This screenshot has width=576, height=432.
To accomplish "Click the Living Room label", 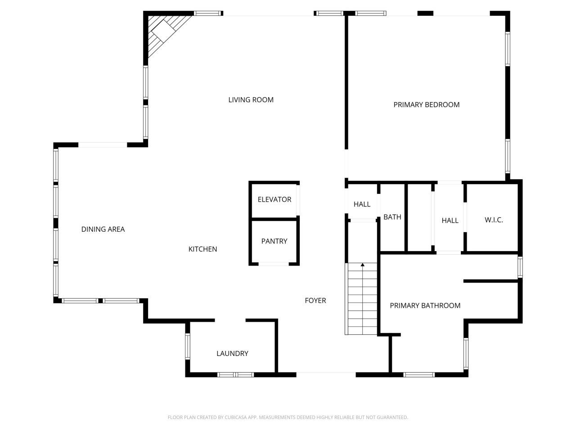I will pyautogui.click(x=251, y=100).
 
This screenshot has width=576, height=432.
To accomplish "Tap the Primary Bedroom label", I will pyautogui.click(x=426, y=105).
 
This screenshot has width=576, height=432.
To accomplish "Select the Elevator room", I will pyautogui.click(x=274, y=200).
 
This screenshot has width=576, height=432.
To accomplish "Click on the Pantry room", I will pyautogui.click(x=274, y=242).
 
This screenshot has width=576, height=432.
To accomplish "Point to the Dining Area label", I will pyautogui.click(x=103, y=229).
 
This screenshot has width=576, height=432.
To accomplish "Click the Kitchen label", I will pyautogui.click(x=202, y=249).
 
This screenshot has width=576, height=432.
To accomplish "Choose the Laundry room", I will pyautogui.click(x=232, y=354).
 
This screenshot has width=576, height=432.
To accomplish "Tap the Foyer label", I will pyautogui.click(x=315, y=301).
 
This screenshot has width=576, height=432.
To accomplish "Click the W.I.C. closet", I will pyautogui.click(x=494, y=220).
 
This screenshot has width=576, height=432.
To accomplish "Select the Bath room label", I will pyautogui.click(x=392, y=217).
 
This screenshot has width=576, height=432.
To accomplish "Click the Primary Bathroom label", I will pyautogui.click(x=425, y=306).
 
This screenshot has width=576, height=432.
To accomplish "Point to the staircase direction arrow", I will pyautogui.click(x=362, y=265).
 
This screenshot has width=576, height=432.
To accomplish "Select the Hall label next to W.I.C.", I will pyautogui.click(x=450, y=220).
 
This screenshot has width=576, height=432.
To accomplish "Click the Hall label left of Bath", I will pyautogui.click(x=362, y=204).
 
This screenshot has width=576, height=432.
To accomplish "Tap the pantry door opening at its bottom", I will pyautogui.click(x=274, y=264).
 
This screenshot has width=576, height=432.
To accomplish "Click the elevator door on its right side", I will pyautogui.click(x=298, y=200).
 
